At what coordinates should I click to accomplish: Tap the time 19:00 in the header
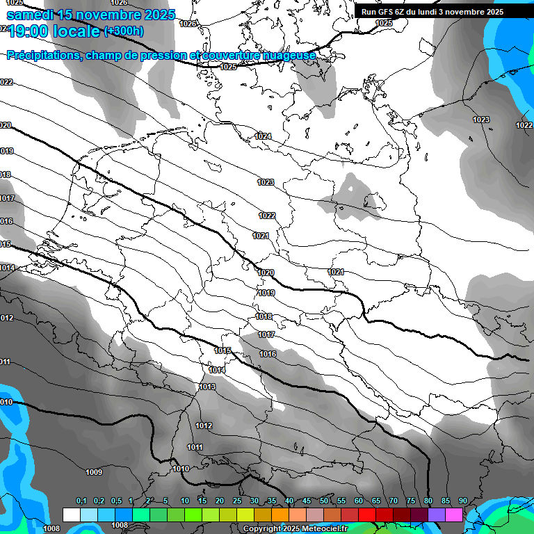[x=31, y=32]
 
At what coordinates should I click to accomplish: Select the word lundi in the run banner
[x=448, y=12]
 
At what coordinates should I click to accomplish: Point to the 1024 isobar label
[x=263, y=136]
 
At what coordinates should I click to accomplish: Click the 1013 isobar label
[x=207, y=387]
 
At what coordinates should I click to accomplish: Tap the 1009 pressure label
[x=94, y=473]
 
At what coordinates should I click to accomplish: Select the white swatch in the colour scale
[x=71, y=515]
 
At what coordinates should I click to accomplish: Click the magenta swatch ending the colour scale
[x=454, y=515]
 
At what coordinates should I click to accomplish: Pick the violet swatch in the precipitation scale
[x=437, y=515]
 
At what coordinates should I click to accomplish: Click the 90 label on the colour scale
[x=463, y=501]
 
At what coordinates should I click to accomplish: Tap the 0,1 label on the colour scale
[x=81, y=501]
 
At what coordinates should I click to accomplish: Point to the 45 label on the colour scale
[x=307, y=501]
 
